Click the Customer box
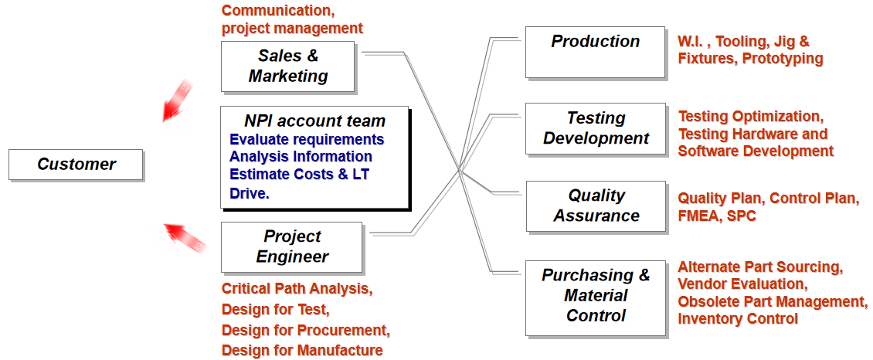point(76,165)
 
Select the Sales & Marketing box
point(288,66)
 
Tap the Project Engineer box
point(292,247)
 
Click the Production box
point(596,52)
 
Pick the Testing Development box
point(596,128)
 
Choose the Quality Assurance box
point(596,205)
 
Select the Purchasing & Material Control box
point(596,297)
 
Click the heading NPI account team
point(314,121)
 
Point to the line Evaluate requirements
point(307,138)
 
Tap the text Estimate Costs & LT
point(300,174)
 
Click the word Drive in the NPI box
point(248,194)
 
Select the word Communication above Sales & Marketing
point(278,11)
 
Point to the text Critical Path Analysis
point(297,289)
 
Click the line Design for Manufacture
point(302,350)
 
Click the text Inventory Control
point(739,319)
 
